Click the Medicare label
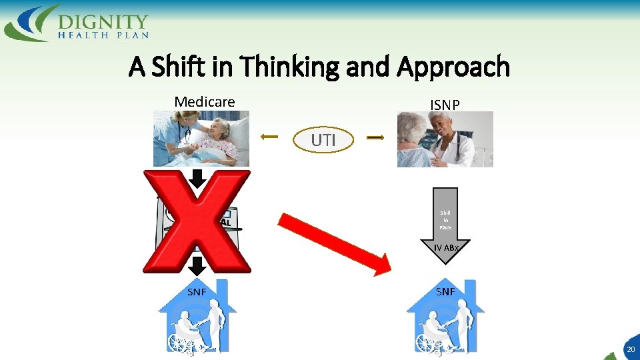(205, 102)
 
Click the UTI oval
(323, 140)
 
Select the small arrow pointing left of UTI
(269, 137)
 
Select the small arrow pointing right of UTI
(375, 138)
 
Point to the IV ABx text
(445, 248)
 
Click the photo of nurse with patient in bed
(201, 138)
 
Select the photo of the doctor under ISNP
(445, 139)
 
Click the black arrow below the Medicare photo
(197, 178)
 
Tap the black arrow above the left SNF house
(197, 265)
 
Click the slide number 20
(630, 349)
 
